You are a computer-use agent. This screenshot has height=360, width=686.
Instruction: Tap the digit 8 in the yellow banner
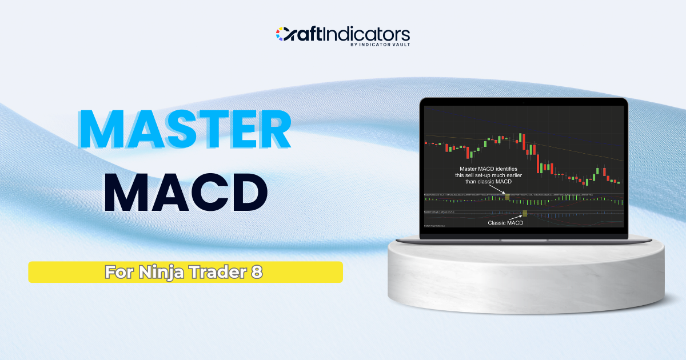(x=256, y=273)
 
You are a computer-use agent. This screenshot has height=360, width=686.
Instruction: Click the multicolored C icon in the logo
(x=283, y=34)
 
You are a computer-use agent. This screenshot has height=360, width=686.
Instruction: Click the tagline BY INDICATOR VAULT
(x=380, y=44)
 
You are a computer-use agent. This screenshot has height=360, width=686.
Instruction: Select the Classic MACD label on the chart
(x=505, y=223)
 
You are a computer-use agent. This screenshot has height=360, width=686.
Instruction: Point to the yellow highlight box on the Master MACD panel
(x=506, y=197)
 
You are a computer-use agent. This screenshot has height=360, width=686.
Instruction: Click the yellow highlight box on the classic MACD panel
(x=525, y=214)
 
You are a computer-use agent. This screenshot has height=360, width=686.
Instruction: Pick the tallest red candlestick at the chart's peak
(x=522, y=140)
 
